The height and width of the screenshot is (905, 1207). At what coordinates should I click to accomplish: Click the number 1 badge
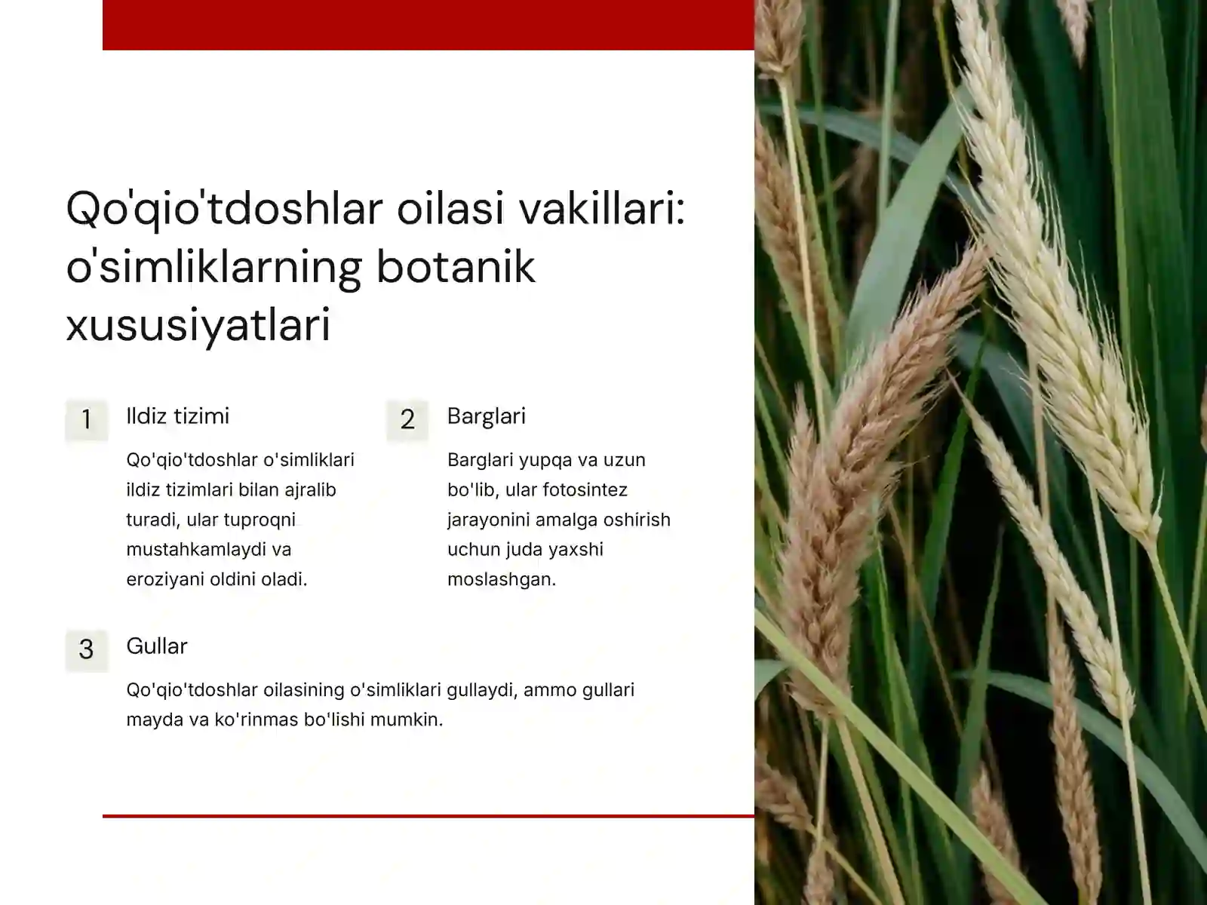click(86, 419)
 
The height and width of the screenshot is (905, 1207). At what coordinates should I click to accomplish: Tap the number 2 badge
click(407, 419)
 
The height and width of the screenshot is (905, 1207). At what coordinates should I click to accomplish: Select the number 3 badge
click(86, 649)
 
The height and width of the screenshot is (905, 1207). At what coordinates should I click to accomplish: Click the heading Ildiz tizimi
click(177, 416)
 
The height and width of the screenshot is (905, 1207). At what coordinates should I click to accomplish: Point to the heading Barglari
click(486, 416)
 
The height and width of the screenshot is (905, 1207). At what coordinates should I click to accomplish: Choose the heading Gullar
click(156, 646)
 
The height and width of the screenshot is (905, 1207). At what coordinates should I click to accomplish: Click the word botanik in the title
click(456, 267)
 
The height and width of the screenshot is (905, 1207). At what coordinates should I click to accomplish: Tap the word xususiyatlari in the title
click(198, 326)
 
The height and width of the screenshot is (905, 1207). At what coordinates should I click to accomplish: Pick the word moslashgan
click(501, 580)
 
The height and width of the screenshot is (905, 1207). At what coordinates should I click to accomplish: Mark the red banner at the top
click(428, 24)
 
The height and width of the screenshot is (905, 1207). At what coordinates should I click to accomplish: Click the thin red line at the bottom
click(428, 815)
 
